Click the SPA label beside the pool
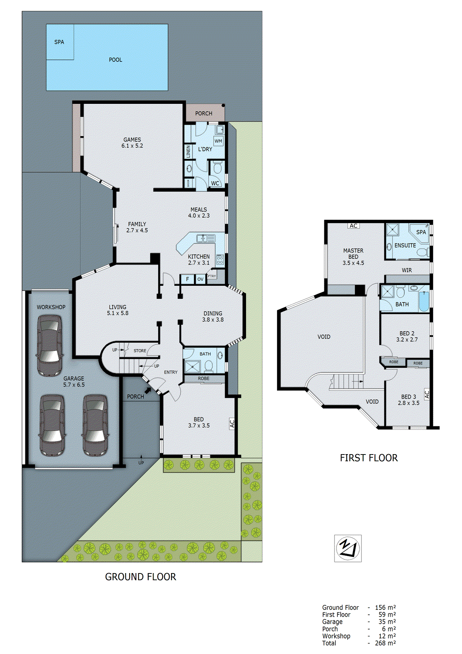coord(59,42)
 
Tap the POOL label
coord(116,60)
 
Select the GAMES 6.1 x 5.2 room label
coord(132,143)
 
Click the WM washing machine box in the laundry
coord(219,141)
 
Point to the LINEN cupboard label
coord(188,152)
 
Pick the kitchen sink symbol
coord(205,238)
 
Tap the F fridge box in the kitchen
coord(187,279)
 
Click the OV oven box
coord(200,279)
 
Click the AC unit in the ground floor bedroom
coord(232,423)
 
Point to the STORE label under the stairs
coord(140,351)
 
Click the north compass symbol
coord(348,548)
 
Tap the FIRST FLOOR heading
coord(368,458)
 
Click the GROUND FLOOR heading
coord(141,577)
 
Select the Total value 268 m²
coord(385,643)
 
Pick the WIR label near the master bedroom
coord(407,270)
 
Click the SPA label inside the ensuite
coord(421,232)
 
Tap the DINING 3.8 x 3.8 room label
coord(213,316)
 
